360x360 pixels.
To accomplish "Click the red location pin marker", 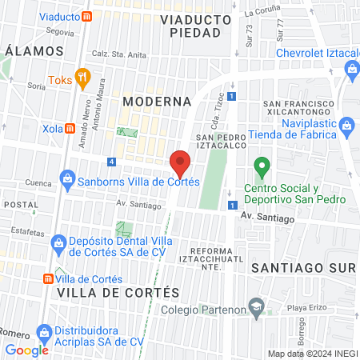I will (181, 162).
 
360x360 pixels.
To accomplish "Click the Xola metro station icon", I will (70, 127).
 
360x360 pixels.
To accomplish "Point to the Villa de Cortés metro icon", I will (49, 278).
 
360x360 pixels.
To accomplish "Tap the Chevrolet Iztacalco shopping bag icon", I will (352, 70).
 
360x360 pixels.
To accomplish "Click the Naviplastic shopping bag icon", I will (346, 125).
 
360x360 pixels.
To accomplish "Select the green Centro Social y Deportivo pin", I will (260, 168).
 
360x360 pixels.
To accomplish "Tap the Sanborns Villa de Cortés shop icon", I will (68, 178).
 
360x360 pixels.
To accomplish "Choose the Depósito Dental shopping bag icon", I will (57, 242).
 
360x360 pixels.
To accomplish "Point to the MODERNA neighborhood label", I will (158, 102).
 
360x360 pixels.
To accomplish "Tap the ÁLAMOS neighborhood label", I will (34, 50).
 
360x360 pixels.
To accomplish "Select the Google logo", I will (26, 350).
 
